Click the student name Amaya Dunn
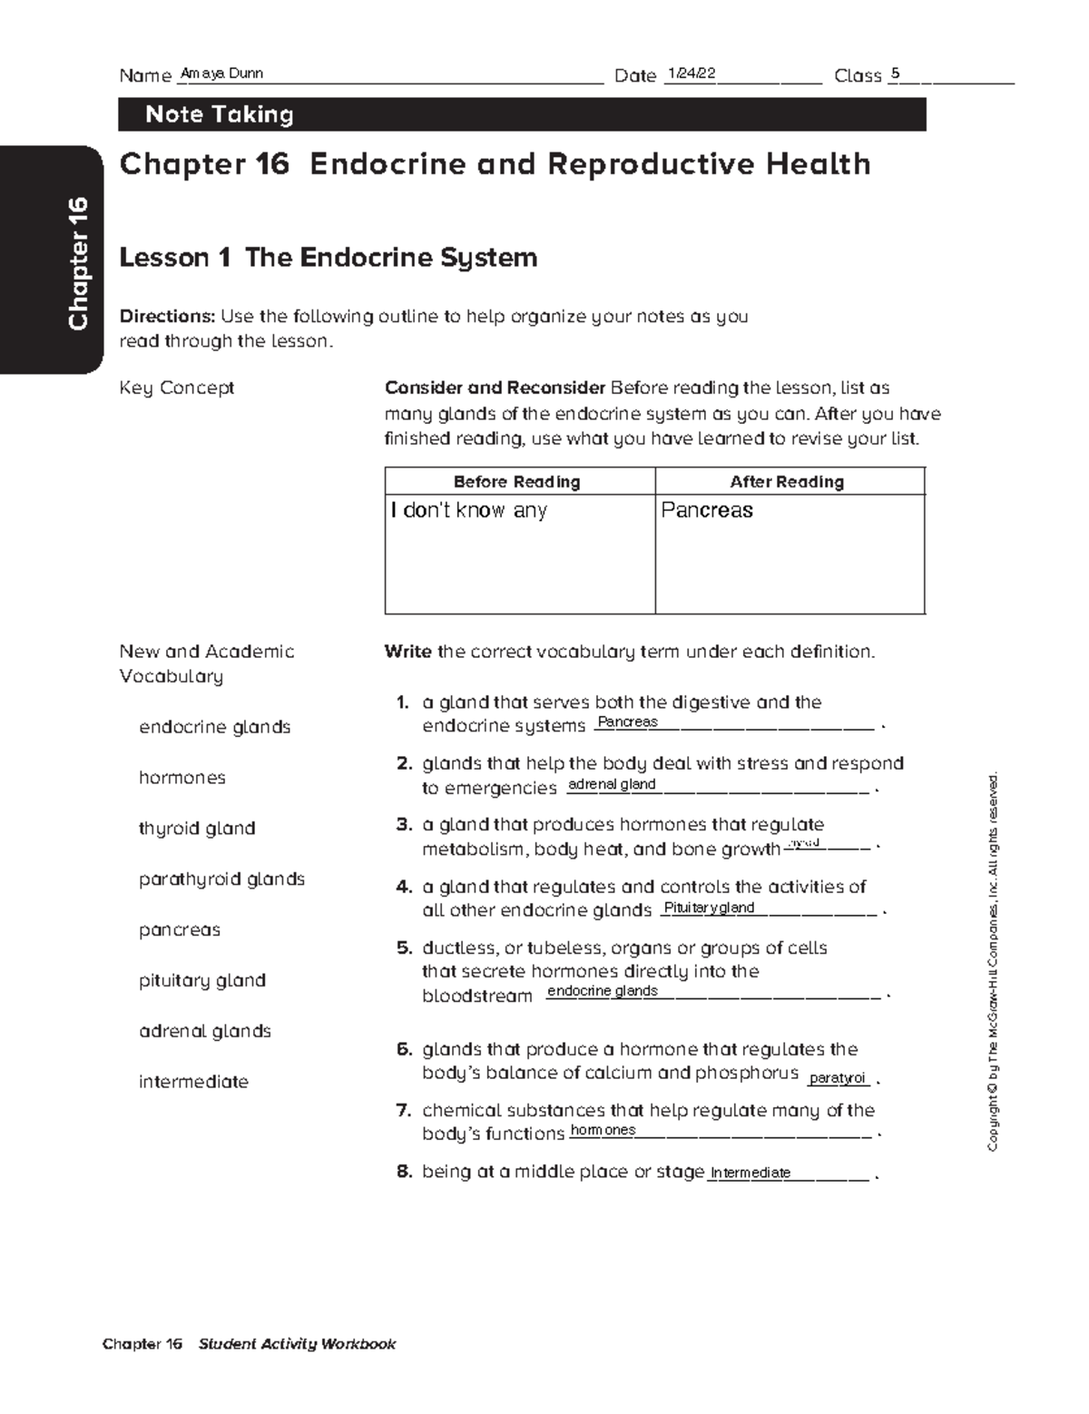click(222, 74)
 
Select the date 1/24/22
click(691, 74)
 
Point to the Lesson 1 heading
click(329, 258)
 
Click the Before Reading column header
click(516, 482)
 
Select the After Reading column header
click(787, 482)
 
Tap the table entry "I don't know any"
click(469, 510)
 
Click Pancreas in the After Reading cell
click(707, 510)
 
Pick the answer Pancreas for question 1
click(627, 722)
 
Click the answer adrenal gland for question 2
click(611, 784)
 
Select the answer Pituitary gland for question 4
click(709, 908)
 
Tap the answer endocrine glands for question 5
click(603, 991)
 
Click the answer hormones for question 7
click(603, 1130)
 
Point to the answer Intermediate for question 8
click(751, 1173)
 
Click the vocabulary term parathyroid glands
click(221, 879)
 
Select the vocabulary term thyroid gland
click(197, 829)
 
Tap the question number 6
click(405, 1050)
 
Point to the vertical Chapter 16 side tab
click(78, 263)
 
